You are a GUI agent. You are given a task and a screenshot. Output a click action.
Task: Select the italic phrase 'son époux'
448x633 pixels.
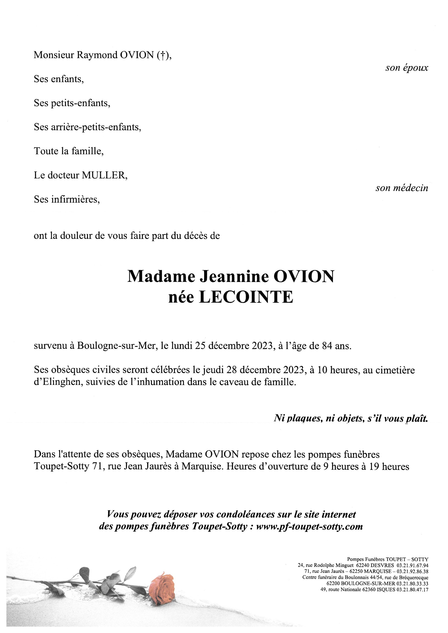pos(407,68)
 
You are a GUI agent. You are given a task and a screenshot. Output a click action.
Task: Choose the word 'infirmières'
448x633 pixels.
pos(75,199)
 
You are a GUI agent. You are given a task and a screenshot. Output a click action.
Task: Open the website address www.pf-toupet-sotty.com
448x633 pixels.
pos(309,527)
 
